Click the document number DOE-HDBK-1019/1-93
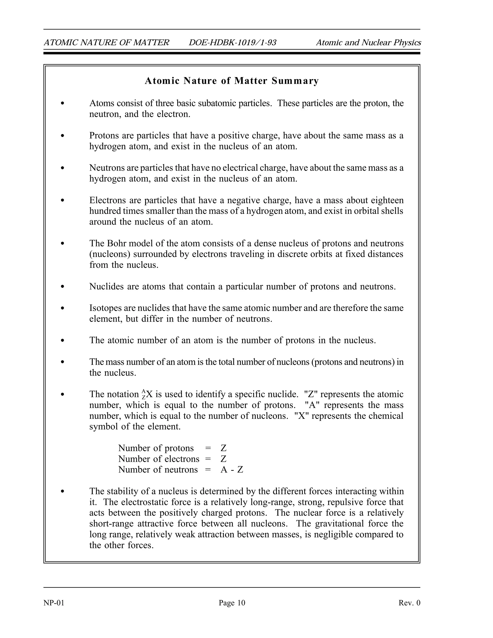point(233,43)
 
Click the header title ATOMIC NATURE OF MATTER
point(106,43)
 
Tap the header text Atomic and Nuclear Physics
point(368,43)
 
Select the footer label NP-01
point(54,603)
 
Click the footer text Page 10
point(232,603)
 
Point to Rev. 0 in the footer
point(409,603)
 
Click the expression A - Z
point(232,470)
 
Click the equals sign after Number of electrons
point(208,459)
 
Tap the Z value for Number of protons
point(224,448)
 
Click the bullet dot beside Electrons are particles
point(62,200)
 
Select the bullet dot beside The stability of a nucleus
point(62,491)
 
